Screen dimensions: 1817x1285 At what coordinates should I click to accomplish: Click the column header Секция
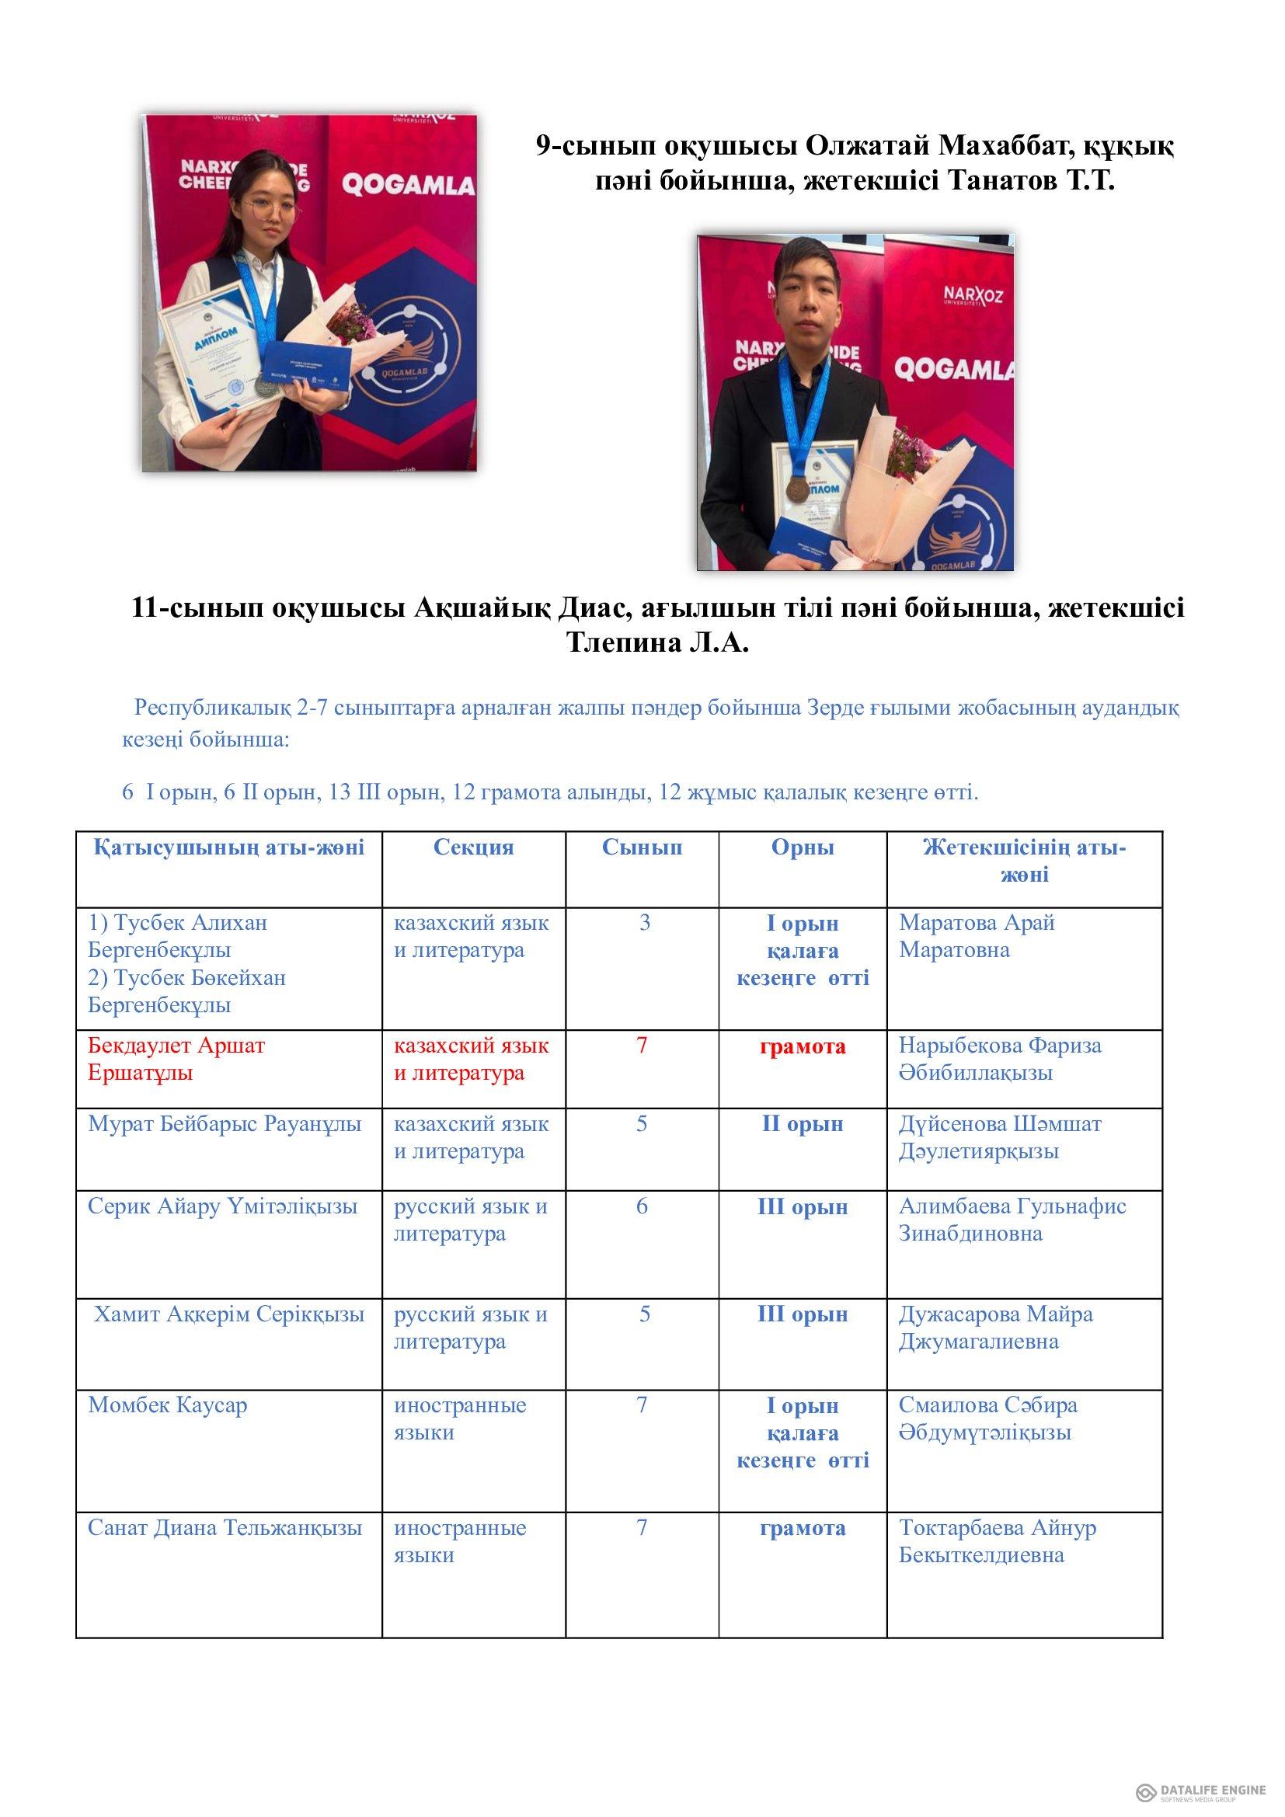pos(473,848)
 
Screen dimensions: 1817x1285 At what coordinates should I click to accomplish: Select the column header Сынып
pos(642,848)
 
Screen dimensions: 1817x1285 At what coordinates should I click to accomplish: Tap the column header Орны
pos(803,848)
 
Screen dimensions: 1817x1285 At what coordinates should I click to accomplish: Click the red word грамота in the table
pos(803,1046)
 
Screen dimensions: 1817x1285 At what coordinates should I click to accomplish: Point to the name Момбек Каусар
pos(168,1405)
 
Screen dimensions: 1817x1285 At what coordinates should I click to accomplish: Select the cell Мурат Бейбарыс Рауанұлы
pos(225,1124)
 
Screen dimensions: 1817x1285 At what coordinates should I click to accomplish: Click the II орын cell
pos(803,1124)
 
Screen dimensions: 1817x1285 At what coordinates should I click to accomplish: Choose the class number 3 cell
pos(644,923)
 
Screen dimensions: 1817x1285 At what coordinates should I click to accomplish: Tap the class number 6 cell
pos(642,1206)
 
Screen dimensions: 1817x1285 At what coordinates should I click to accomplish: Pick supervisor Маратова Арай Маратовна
pos(977,936)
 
